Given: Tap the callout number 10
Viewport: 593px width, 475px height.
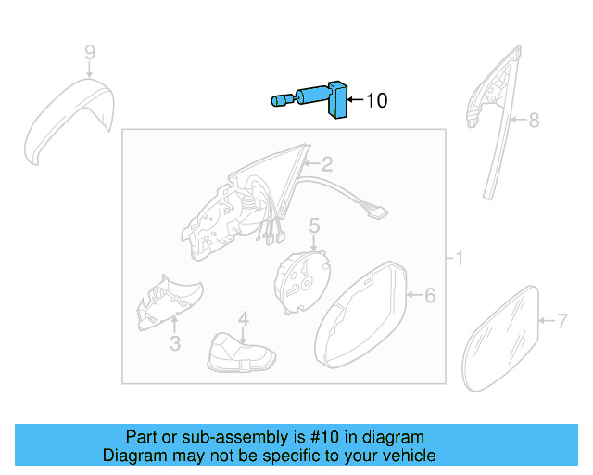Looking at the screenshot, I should pos(377,100).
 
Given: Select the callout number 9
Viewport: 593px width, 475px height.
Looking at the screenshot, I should pos(90,52).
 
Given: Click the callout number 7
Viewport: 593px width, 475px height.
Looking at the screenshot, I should pos(561,321).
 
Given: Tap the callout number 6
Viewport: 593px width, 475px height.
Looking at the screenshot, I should pos(429,296).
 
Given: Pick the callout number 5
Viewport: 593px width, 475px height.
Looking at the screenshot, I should pos(314,225).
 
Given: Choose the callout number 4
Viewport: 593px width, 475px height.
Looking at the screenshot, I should pos(243,318).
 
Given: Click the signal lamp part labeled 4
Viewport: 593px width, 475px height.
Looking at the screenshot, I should pos(240,354).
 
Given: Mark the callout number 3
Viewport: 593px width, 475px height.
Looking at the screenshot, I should pos(173,346).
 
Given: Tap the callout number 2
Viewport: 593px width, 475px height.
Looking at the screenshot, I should pos(326,165).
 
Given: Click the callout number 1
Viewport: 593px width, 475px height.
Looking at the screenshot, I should pos(458,257).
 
